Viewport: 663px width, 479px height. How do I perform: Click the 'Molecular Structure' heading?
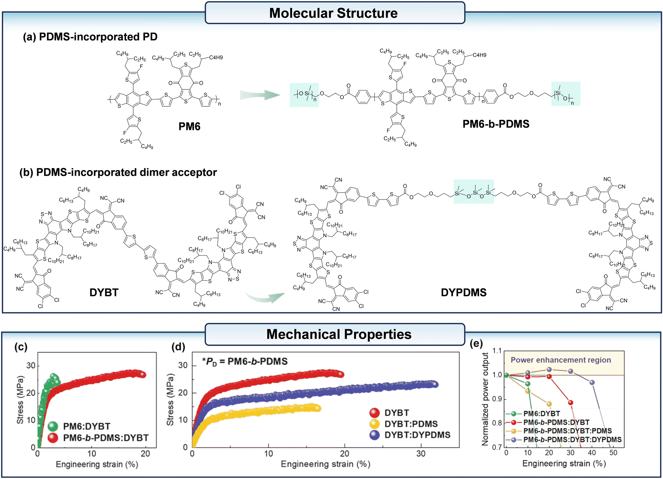pos(333,13)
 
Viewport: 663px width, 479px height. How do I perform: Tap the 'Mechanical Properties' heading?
pos(339,334)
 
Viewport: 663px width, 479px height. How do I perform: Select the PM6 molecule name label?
pos(189,126)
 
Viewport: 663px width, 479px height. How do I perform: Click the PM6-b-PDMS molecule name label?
pos(496,124)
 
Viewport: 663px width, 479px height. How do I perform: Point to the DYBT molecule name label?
pos(104,292)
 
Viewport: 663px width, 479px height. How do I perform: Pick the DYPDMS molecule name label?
pos(464,292)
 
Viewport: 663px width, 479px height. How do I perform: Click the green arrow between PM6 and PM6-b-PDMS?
pos(260,95)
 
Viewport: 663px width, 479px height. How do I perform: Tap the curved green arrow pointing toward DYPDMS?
pos(265,297)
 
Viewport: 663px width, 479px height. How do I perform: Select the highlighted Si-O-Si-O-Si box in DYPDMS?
pos(474,192)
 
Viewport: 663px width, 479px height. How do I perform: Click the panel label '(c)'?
pos(21,346)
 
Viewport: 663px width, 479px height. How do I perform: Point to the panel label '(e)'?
pos(476,344)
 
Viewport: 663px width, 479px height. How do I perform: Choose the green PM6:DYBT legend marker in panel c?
pos(53,426)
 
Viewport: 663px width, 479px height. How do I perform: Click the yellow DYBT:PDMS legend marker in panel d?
pos(375,424)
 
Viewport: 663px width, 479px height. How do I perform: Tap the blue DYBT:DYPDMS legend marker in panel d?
pos(375,435)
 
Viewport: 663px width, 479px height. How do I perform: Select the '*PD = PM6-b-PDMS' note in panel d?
pos(245,361)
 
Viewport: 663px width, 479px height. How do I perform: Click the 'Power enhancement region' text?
pos(561,360)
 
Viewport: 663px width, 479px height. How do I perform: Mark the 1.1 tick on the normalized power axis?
pos(497,351)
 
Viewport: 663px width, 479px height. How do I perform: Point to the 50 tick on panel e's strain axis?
pos(613,453)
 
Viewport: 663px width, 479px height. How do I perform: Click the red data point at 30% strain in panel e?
pos(571,403)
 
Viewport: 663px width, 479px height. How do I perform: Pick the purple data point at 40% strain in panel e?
pos(592,383)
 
